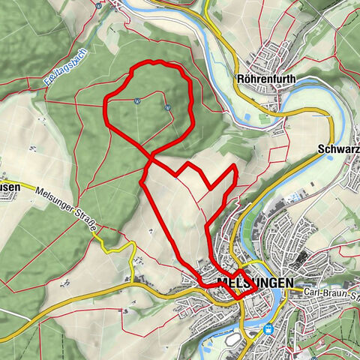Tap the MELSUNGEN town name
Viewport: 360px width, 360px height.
(x=252, y=283)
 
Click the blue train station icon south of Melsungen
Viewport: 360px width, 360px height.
(x=268, y=328)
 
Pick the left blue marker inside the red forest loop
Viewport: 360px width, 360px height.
(x=137, y=100)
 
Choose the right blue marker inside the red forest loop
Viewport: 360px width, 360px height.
(x=169, y=106)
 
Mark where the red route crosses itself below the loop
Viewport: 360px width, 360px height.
(x=151, y=159)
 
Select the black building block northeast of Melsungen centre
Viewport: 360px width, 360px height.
(x=301, y=259)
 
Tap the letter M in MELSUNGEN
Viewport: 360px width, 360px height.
(x=221, y=283)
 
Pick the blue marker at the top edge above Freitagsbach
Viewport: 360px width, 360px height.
(x=99, y=4)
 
